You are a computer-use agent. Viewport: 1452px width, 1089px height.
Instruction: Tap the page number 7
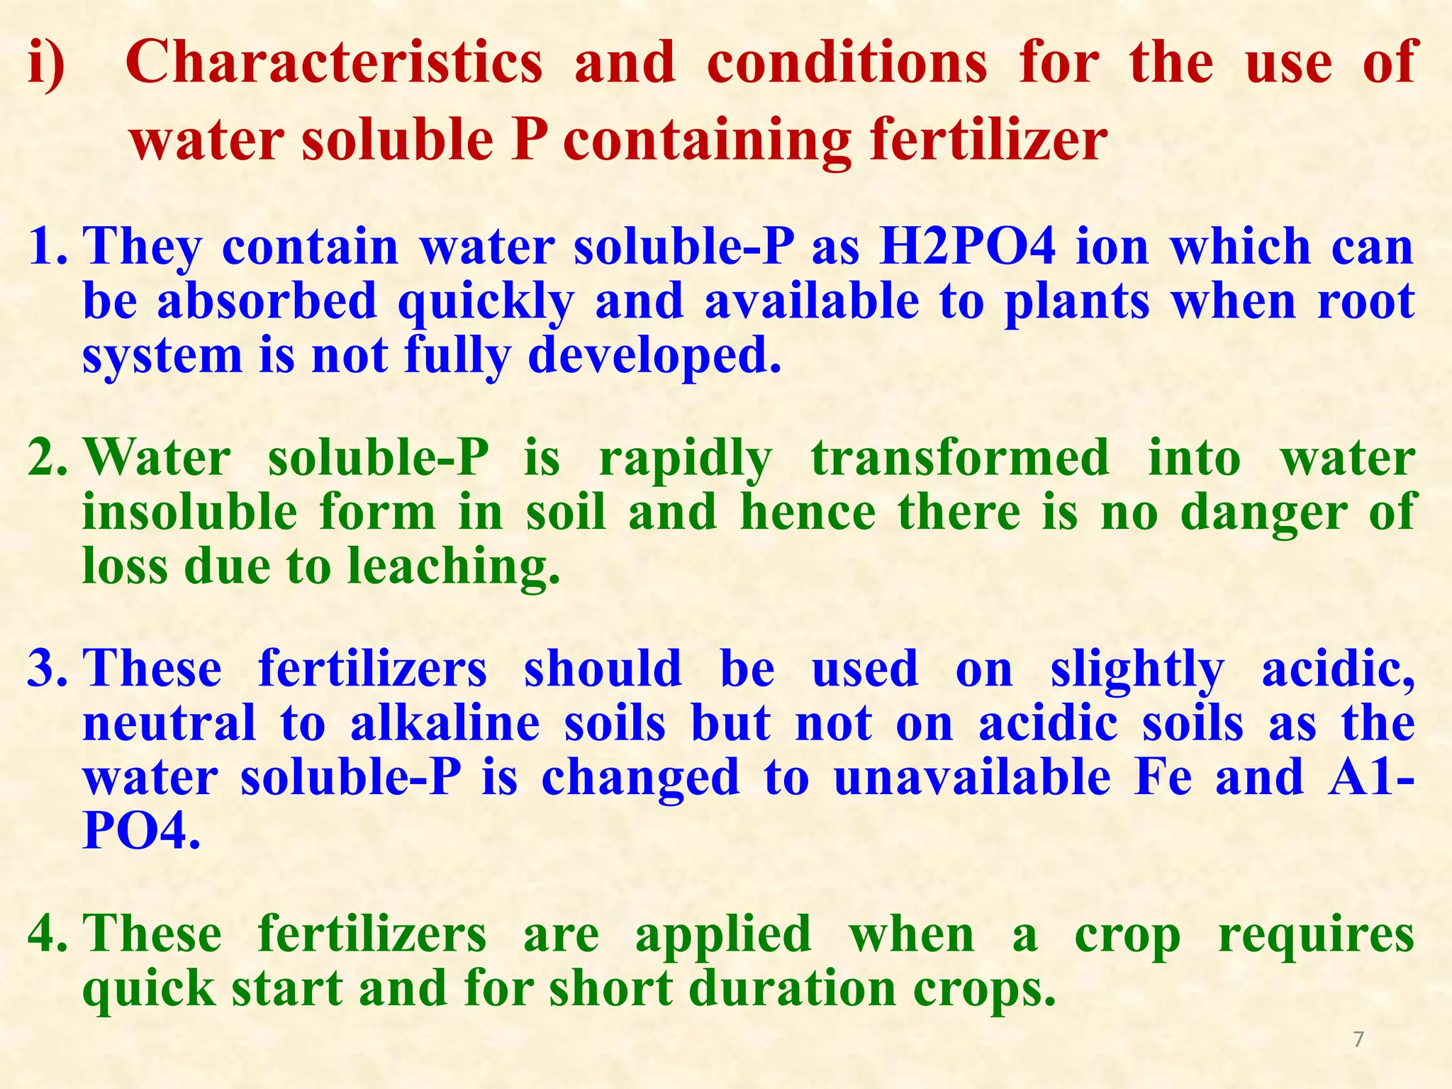[x=1358, y=1039]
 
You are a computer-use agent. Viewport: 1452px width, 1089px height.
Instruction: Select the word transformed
[x=960, y=458]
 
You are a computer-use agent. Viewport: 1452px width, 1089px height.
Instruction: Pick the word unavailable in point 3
[x=972, y=777]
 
